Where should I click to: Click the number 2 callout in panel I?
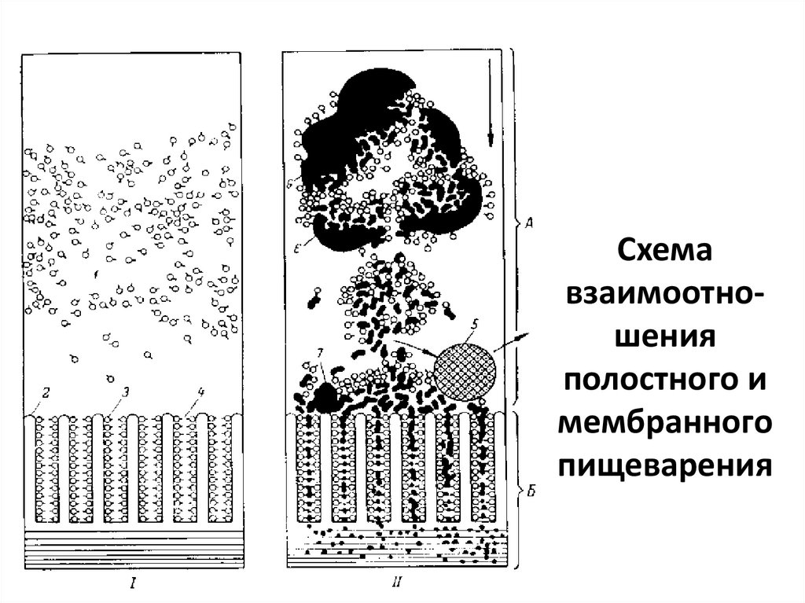pyautogui.click(x=46, y=392)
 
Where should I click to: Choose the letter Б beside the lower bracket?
pyautogui.click(x=531, y=493)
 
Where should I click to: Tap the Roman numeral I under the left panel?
pyautogui.click(x=134, y=583)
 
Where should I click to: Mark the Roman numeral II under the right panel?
pyautogui.click(x=395, y=583)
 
